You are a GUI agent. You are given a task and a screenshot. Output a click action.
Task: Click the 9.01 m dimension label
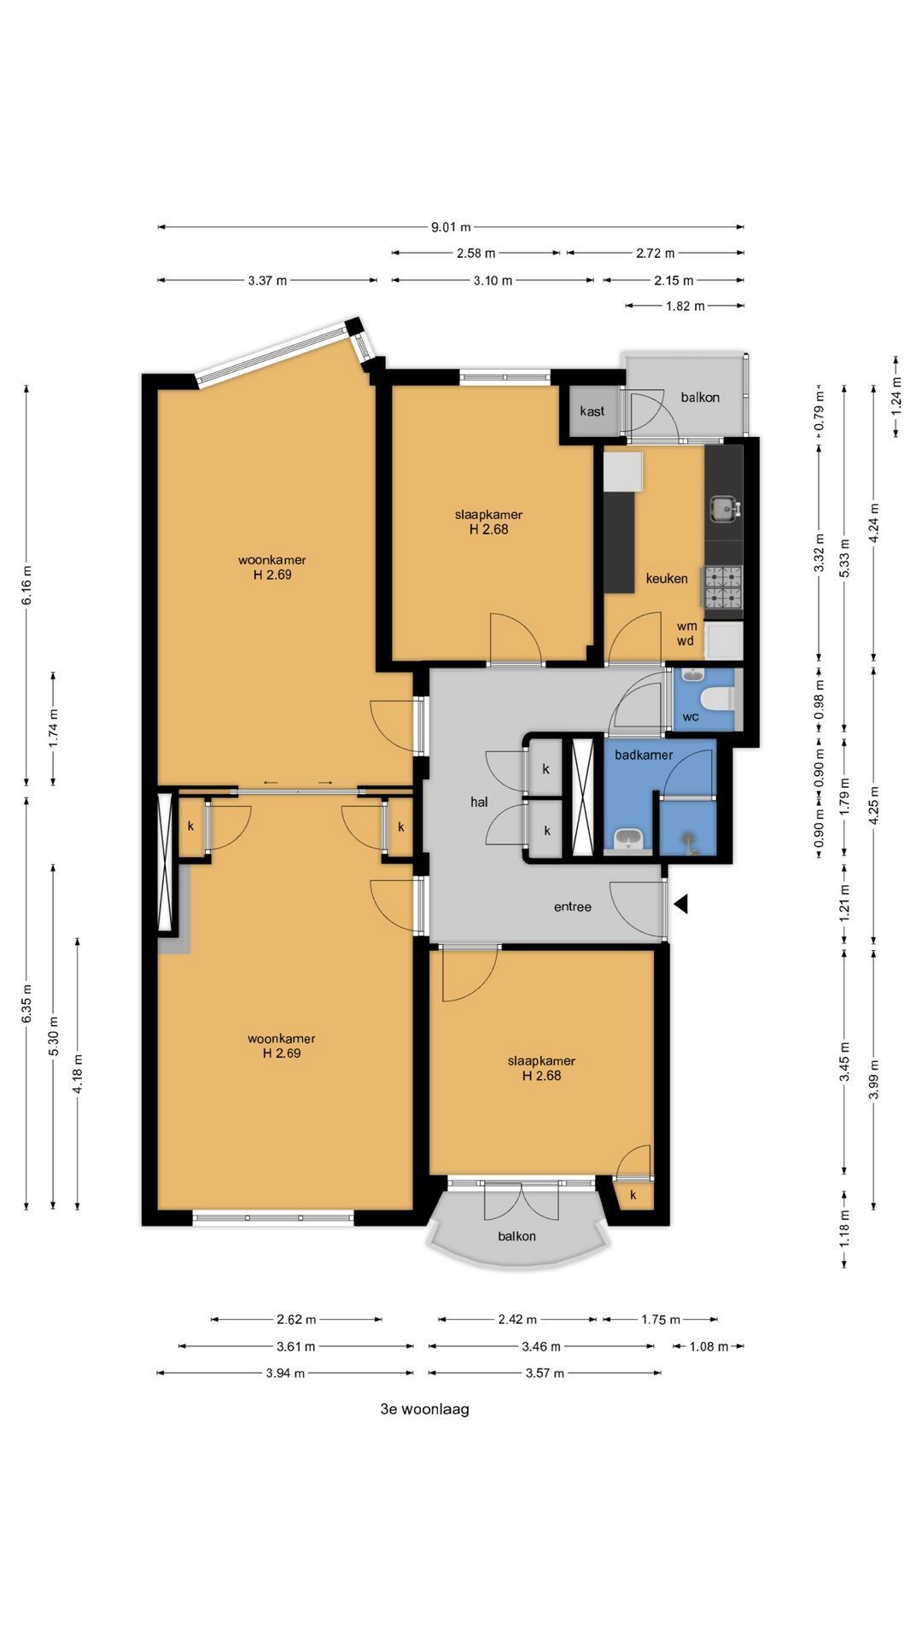tap(451, 227)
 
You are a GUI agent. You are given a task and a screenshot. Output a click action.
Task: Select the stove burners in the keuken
tap(723, 586)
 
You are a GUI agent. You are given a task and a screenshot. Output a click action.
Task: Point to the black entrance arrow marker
tap(680, 904)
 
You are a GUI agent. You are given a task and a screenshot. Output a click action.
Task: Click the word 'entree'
tap(573, 907)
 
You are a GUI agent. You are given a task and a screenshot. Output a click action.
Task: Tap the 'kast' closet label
tap(592, 411)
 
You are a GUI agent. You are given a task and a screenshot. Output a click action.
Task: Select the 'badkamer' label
tap(644, 755)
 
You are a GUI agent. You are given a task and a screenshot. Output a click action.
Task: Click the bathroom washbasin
tap(629, 839)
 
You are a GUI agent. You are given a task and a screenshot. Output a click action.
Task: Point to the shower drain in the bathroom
tap(690, 840)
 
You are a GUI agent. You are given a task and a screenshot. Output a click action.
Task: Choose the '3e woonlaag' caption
tap(424, 1409)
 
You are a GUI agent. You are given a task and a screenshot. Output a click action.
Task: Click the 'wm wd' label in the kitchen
tap(686, 633)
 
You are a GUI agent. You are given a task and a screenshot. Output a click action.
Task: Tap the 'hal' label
tap(479, 802)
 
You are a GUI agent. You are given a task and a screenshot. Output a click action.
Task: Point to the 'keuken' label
tap(667, 578)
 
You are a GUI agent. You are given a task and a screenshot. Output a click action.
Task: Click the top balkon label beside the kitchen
tap(700, 397)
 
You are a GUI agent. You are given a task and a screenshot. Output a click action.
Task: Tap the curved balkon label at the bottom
tap(517, 1236)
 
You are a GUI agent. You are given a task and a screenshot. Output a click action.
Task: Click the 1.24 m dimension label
tap(896, 397)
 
